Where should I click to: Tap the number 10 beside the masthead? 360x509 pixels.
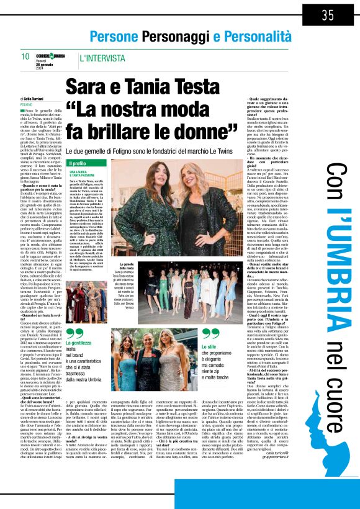25,56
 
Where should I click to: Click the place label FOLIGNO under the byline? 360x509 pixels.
28,105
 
